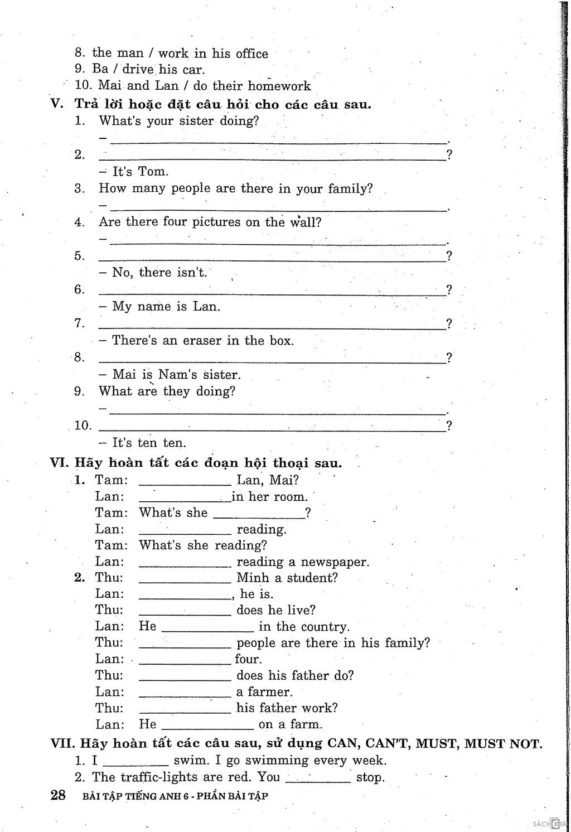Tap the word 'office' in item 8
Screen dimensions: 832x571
(x=251, y=54)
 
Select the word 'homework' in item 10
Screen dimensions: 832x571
(x=279, y=86)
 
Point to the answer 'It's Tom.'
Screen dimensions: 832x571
(x=140, y=171)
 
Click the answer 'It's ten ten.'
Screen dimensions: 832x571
(x=149, y=443)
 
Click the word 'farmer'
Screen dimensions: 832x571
(x=272, y=692)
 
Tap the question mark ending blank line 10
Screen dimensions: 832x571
(x=449, y=425)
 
